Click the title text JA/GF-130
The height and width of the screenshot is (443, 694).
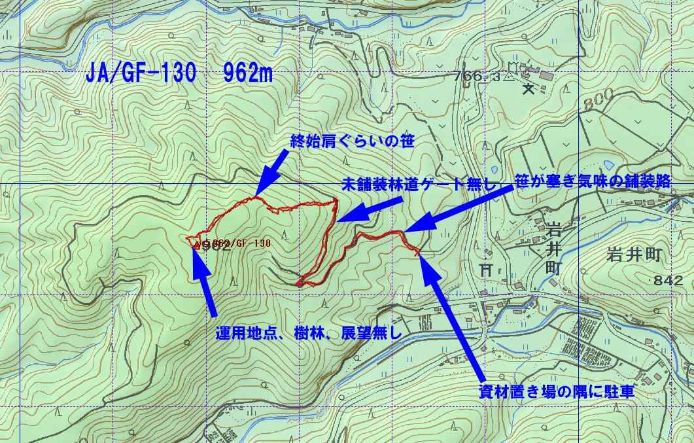pyautogui.click(x=141, y=74)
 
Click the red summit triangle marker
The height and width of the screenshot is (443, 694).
pyautogui.click(x=197, y=245)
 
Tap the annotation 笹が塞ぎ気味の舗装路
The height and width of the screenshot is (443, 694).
pyautogui.click(x=593, y=182)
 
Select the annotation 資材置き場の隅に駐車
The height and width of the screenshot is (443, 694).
pyautogui.click(x=557, y=392)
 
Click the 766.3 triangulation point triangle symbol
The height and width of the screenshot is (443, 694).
pyautogui.click(x=508, y=77)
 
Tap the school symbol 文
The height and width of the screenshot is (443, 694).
pyautogui.click(x=529, y=90)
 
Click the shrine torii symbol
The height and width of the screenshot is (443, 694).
pyautogui.click(x=485, y=268)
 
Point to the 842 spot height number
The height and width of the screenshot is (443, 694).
pyautogui.click(x=671, y=281)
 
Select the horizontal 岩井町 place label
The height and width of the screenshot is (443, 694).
pyautogui.click(x=635, y=255)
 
